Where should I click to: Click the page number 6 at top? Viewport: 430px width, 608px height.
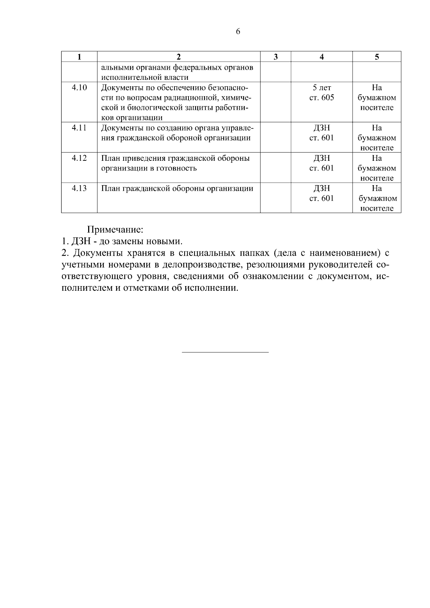238,32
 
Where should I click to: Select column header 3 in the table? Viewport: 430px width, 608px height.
275,57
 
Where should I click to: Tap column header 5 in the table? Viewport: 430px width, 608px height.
377,57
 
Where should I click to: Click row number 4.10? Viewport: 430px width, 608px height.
79,87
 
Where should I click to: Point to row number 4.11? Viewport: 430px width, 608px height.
79,127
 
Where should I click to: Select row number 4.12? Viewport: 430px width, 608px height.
79,158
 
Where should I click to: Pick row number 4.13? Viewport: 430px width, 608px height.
79,188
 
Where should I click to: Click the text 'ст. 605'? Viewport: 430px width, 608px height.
321,97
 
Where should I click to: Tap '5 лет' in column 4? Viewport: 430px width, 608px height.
321,87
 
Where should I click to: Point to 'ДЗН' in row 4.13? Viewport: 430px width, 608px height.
321,188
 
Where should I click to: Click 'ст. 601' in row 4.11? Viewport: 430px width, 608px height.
321,138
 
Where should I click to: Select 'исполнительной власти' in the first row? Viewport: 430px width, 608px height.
145,77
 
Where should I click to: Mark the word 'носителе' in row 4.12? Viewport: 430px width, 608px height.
377,178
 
